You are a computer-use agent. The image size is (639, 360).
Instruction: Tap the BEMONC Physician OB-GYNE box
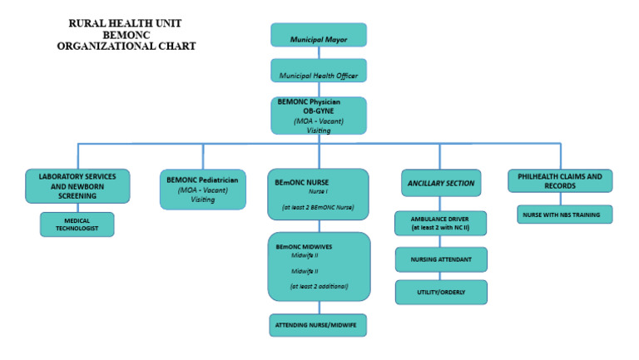coord(319,116)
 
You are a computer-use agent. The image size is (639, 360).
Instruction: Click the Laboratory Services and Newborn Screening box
coord(77,186)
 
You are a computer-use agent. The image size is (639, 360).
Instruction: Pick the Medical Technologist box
coord(77,224)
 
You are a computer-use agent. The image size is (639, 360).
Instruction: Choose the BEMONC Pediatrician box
coord(202,189)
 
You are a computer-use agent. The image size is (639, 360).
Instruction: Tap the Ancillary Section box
coord(441,183)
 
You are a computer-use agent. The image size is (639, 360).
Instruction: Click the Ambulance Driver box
coord(441,224)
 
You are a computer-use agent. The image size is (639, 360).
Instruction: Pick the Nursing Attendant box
coord(441,259)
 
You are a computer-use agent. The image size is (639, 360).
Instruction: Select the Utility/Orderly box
coord(441,292)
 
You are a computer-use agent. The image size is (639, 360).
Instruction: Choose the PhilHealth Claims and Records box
coord(560,180)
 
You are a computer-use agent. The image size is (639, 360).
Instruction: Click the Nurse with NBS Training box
coord(564,215)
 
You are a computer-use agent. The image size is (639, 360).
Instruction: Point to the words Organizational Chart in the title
coord(126,47)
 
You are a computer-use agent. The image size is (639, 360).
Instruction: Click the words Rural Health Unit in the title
coord(126,24)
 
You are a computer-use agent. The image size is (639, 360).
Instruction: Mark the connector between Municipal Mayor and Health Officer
coord(319,52)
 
